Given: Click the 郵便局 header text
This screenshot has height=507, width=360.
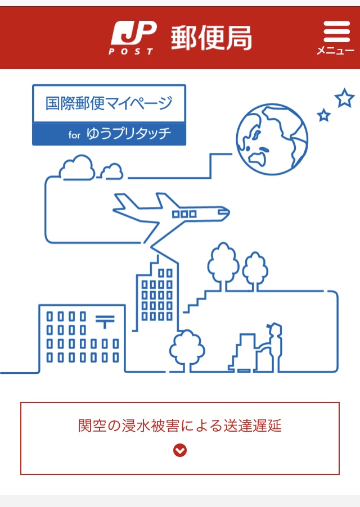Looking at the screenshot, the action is pos(211,38).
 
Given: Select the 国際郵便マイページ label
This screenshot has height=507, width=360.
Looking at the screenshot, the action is pos(109,103).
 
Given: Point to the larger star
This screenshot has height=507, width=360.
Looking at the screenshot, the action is pos(344,98).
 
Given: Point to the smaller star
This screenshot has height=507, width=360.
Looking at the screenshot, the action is pos(323,115).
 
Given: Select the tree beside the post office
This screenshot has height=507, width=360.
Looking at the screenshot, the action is pos(186,349).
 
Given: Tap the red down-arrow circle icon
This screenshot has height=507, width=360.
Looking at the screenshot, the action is pos(180,450).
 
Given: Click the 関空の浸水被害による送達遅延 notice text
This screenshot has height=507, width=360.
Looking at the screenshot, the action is pos(180,426).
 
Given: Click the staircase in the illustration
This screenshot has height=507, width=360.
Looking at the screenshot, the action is pos(197,301).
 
